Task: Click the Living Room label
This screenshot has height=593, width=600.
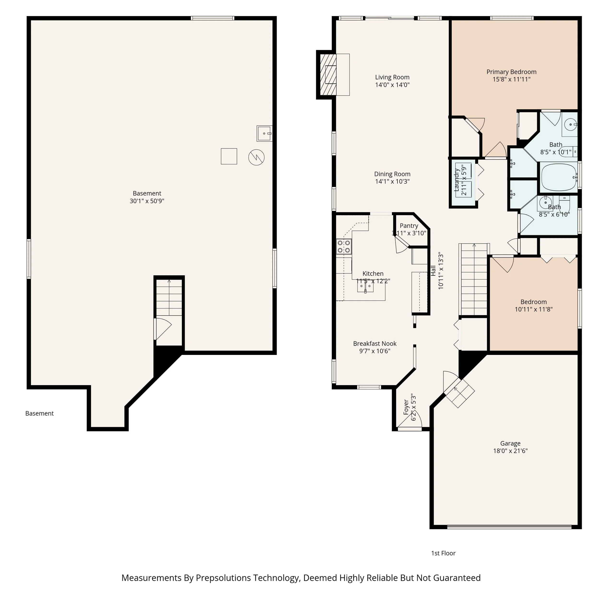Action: (392, 77)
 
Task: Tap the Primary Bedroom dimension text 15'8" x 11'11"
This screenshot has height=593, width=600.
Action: (511, 79)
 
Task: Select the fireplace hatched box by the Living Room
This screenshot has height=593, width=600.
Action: (328, 75)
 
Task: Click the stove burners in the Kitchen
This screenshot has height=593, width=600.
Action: (344, 247)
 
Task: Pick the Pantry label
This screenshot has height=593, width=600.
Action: (409, 226)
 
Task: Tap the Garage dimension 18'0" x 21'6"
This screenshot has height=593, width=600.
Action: (510, 451)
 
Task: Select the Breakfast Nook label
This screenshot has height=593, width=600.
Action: (375, 344)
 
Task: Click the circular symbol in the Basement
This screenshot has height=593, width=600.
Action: (256, 157)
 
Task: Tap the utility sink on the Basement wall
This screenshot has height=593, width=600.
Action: (264, 133)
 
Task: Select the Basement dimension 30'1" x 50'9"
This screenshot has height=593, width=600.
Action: (147, 201)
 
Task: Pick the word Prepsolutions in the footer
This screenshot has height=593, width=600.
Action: (223, 578)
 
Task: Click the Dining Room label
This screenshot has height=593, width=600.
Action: (392, 174)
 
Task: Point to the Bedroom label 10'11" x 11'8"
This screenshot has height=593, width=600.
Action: (534, 305)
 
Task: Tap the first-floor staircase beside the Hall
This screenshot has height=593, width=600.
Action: (474, 279)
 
